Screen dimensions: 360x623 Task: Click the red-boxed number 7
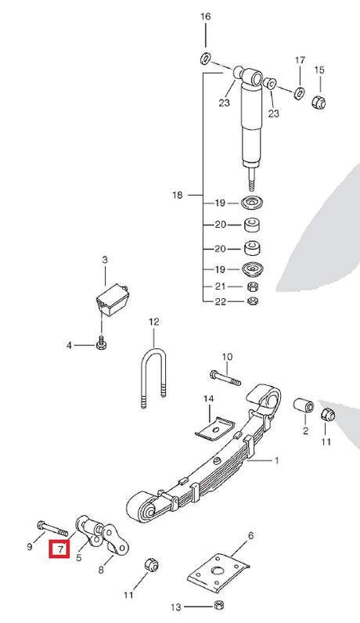(x=59, y=549)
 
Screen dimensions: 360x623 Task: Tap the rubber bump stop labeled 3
(x=113, y=299)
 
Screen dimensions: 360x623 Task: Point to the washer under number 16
(x=205, y=59)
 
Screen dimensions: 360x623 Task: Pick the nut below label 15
(x=319, y=102)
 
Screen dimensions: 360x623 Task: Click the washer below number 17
(x=299, y=93)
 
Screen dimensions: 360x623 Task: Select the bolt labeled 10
(x=225, y=377)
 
